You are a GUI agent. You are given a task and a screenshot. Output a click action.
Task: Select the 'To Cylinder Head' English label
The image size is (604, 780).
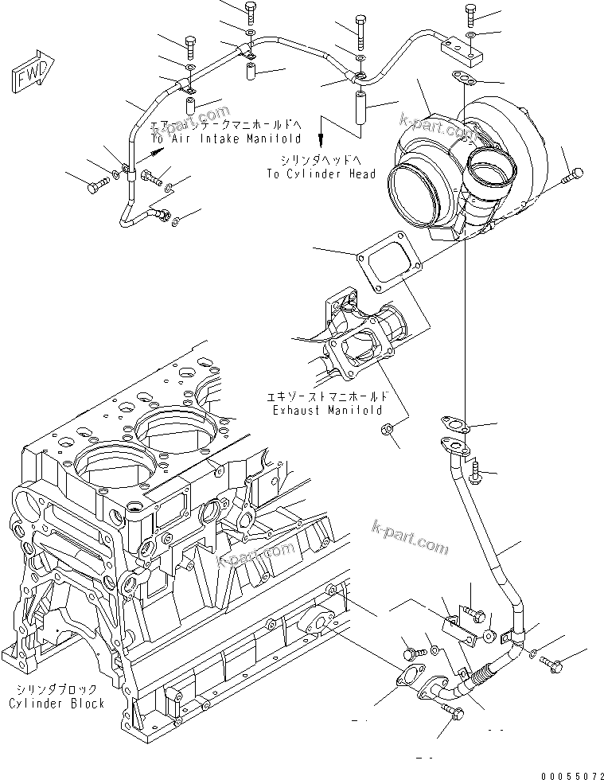tap(321, 174)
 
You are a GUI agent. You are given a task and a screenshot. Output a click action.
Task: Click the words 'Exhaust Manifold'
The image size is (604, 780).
tap(326, 410)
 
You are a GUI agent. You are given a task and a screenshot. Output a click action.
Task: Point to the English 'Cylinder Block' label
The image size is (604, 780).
tap(57, 703)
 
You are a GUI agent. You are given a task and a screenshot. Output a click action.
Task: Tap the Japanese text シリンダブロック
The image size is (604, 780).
tap(57, 690)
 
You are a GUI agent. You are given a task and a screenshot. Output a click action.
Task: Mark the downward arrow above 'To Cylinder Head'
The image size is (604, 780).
tap(322, 131)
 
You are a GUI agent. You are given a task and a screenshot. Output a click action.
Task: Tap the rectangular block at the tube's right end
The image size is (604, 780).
tap(461, 58)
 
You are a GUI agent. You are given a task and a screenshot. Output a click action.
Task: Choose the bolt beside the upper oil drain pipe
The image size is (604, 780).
tap(476, 471)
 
